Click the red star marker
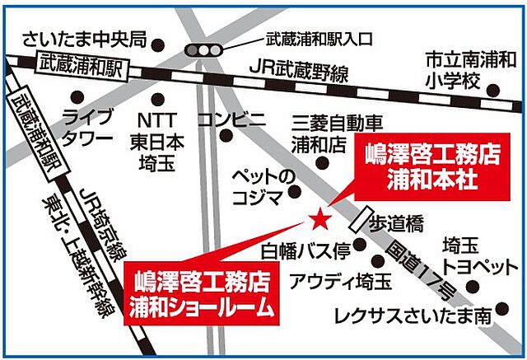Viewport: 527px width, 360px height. click(319, 218)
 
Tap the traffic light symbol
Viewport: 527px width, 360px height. click(203, 50)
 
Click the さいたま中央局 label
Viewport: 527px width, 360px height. click(84, 39)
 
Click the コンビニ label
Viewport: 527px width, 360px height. click(232, 118)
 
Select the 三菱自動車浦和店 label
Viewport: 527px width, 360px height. click(338, 134)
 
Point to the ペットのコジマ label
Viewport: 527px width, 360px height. click(262, 186)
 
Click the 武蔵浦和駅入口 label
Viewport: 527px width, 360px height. click(319, 39)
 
